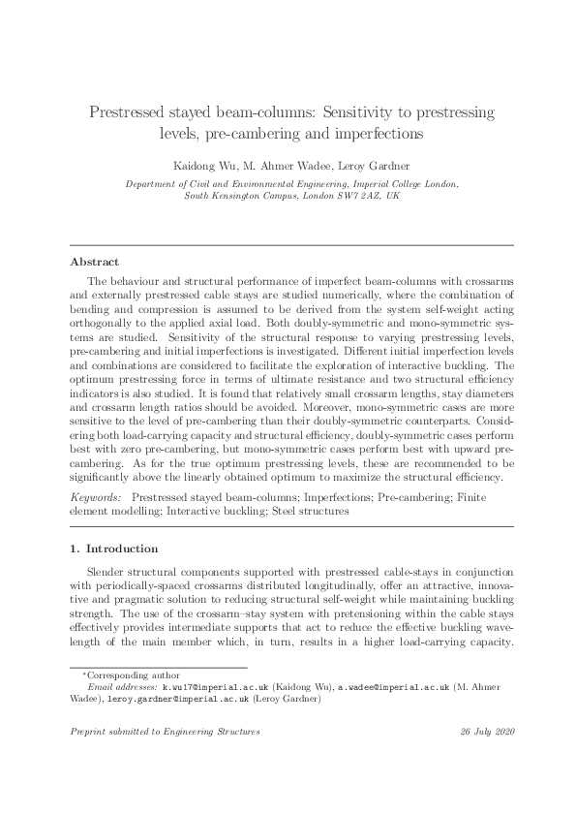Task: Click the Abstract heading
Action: (95, 262)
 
